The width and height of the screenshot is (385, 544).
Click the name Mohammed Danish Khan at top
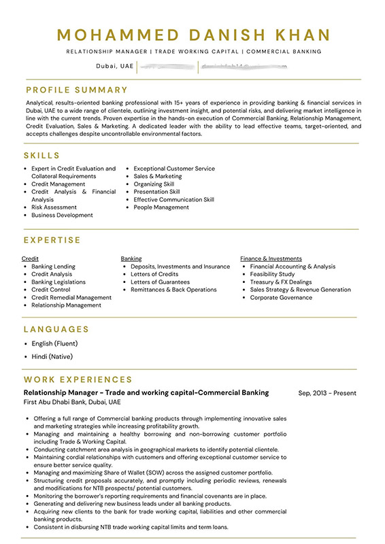pyautogui.click(x=193, y=35)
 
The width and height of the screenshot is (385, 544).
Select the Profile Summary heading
pyautogui.click(x=77, y=90)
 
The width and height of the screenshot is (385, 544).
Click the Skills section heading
pyautogui.click(x=42, y=156)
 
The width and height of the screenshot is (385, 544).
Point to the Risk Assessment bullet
pyautogui.click(x=54, y=207)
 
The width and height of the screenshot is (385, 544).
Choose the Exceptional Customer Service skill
pyautogui.click(x=173, y=169)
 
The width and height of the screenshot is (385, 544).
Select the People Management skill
pyautogui.click(x=161, y=207)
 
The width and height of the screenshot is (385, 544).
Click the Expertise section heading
pyautogui.click(x=52, y=240)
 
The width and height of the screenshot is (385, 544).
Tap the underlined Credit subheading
pyautogui.click(x=30, y=258)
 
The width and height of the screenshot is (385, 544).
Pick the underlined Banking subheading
pyautogui.click(x=131, y=258)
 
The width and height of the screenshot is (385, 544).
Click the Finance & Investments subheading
pyautogui.click(x=271, y=258)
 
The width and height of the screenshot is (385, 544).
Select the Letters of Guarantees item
pyautogui.click(x=160, y=282)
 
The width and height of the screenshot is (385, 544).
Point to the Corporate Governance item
pyautogui.click(x=281, y=297)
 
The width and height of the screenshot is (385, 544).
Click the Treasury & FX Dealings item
pyautogui.click(x=280, y=282)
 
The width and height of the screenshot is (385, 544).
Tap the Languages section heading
pyautogui.click(x=56, y=329)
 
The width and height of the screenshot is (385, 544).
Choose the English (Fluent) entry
pyautogui.click(x=54, y=343)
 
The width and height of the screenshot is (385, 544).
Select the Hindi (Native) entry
pyautogui.click(x=52, y=356)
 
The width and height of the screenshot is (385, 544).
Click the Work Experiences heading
pyautogui.click(x=78, y=379)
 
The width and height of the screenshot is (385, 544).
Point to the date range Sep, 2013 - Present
pyautogui.click(x=327, y=393)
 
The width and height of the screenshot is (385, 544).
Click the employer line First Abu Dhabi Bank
pyautogui.click(x=72, y=403)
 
